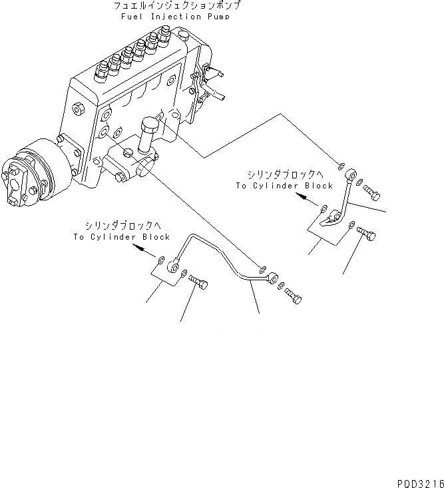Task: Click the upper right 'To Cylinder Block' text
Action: coord(284,186)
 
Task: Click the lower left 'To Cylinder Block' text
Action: coord(122,236)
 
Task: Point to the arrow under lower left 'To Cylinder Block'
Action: coord(142,248)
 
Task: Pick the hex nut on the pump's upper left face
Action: coord(79,108)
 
